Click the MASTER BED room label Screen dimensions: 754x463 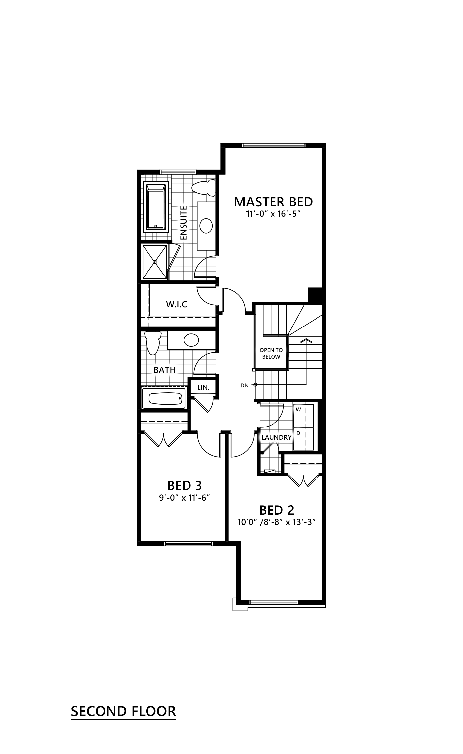pyautogui.click(x=273, y=202)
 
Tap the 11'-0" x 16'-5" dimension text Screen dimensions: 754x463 pyautogui.click(x=273, y=214)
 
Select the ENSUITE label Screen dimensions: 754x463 pyautogui.click(x=183, y=223)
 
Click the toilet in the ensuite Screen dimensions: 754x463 pyautogui.click(x=203, y=188)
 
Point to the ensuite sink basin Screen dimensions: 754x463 pyautogui.click(x=206, y=226)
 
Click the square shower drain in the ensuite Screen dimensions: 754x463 pyautogui.click(x=154, y=262)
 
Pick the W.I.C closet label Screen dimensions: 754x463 pyautogui.click(x=176, y=304)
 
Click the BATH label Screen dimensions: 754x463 pyautogui.click(x=164, y=370)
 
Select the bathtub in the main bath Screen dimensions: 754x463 pyautogui.click(x=166, y=398)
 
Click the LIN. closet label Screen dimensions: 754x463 pyautogui.click(x=203, y=387)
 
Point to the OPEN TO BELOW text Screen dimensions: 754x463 pyautogui.click(x=271, y=353)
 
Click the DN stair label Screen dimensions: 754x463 pyautogui.click(x=244, y=385)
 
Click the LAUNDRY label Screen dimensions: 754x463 pyautogui.click(x=276, y=437)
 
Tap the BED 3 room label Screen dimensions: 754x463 pyautogui.click(x=184, y=486)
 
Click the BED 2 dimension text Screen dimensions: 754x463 pyautogui.click(x=276, y=522)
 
